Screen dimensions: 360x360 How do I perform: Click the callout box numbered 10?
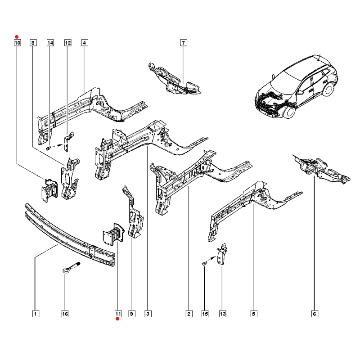coord(17,43)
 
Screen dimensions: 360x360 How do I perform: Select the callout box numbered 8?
coord(33,43)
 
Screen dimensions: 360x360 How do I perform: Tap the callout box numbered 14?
coord(50,43)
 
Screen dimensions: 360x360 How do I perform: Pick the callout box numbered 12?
coord(67,43)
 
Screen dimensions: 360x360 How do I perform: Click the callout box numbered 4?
coord(84,43)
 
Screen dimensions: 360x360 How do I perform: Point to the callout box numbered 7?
coord(183,43)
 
